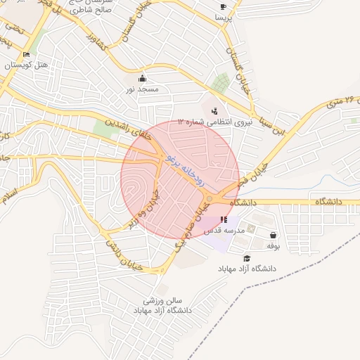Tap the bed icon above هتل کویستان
pyautogui.click(x=27, y=54)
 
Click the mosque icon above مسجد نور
pyautogui.click(x=143, y=78)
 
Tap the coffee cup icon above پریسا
pyautogui.click(x=224, y=6)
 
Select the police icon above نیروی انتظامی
pyautogui.click(x=214, y=110)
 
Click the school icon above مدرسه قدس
pyautogui.click(x=224, y=220)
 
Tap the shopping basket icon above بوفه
pyautogui.click(x=273, y=236)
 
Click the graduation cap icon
pyautogui.click(x=246, y=258)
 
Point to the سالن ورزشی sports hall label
pyautogui.click(x=162, y=301)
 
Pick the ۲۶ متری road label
pyautogui.click(x=341, y=105)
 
